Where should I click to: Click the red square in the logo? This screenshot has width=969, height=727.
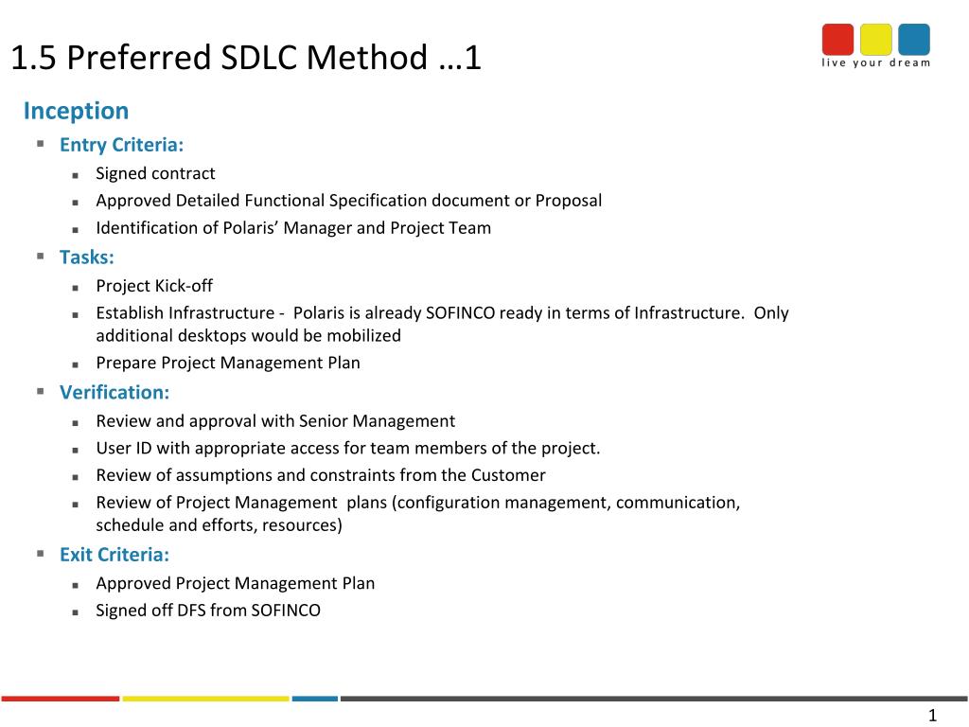[837, 40]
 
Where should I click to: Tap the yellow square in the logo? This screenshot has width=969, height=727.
[875, 40]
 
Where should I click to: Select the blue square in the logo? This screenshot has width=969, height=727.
[914, 40]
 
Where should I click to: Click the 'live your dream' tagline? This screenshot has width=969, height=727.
[875, 62]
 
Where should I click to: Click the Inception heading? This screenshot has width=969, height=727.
[76, 111]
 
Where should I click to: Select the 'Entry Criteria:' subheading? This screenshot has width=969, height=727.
[122, 145]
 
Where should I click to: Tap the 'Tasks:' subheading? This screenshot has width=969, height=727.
[87, 257]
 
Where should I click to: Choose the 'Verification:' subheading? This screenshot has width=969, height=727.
[115, 393]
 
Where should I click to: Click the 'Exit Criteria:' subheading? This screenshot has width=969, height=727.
[115, 555]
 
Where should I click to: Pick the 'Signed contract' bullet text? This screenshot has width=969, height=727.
[155, 173]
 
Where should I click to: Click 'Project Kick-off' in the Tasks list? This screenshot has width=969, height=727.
[154, 286]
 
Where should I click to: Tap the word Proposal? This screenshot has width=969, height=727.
[569, 201]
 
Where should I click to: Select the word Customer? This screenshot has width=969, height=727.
[508, 475]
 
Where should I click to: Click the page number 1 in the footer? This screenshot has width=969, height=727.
[932, 716]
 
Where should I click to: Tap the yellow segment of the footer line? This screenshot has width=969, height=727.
[205, 699]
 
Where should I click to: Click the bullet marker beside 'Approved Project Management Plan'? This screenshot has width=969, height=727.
[76, 585]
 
